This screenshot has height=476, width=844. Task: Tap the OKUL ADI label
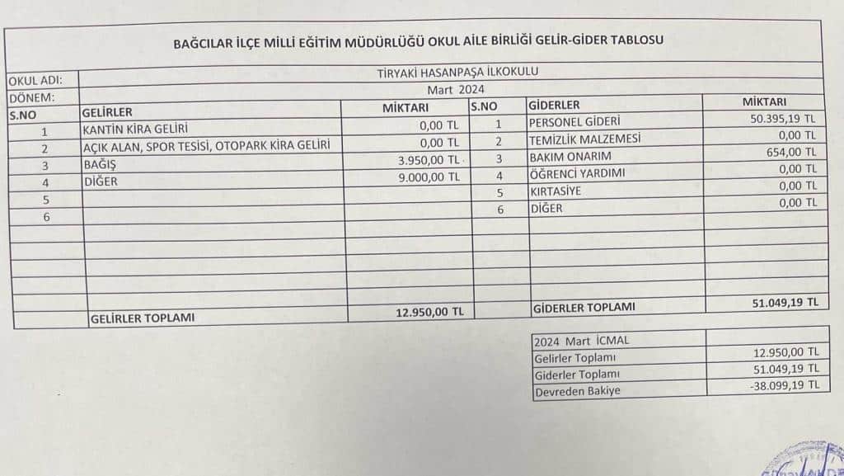point(32,82)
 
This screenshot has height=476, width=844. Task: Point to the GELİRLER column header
point(107,112)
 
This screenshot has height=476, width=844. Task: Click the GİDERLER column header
point(554,105)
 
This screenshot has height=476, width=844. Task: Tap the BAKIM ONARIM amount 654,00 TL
point(790,152)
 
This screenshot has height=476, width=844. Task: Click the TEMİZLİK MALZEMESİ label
point(585,140)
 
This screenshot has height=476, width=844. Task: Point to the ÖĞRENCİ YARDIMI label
point(578,174)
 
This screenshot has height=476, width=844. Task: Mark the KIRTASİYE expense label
point(558,191)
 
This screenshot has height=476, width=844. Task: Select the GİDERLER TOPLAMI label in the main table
point(584,307)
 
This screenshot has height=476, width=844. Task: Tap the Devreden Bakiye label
point(577,391)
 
